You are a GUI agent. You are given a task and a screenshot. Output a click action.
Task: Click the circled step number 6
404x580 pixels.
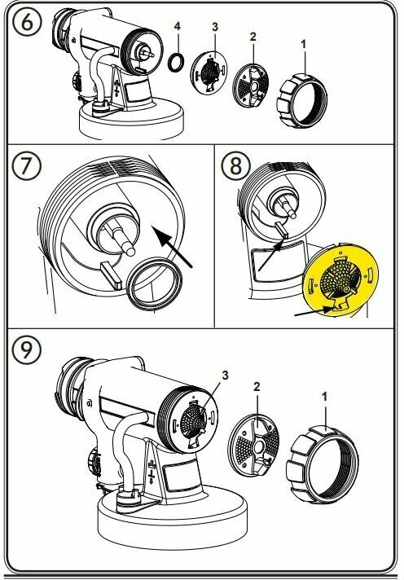point(26,22)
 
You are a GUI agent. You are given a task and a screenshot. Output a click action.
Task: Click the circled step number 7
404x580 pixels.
point(26,165)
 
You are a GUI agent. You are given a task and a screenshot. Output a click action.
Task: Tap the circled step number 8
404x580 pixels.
point(235,165)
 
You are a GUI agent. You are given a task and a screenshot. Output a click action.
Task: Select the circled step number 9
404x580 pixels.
point(26,349)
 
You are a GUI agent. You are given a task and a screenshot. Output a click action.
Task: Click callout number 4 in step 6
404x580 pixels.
point(178,26)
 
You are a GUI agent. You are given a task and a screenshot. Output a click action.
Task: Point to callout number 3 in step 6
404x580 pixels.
point(215,27)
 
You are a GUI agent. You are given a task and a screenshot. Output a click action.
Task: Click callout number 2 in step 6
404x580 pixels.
point(253,37)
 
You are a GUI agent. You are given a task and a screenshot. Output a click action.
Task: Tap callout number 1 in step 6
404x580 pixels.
point(303,44)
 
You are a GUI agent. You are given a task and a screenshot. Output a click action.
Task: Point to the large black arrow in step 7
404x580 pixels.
point(173,247)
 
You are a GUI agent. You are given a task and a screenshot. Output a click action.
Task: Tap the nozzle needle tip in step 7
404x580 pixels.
point(130,251)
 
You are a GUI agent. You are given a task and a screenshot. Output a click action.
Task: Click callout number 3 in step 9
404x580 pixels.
point(225,376)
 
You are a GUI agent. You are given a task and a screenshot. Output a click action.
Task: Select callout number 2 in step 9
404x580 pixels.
point(257,387)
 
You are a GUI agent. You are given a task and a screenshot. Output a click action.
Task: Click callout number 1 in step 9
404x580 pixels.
point(324,397)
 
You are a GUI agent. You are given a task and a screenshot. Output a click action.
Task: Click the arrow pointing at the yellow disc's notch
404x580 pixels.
point(314,311)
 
